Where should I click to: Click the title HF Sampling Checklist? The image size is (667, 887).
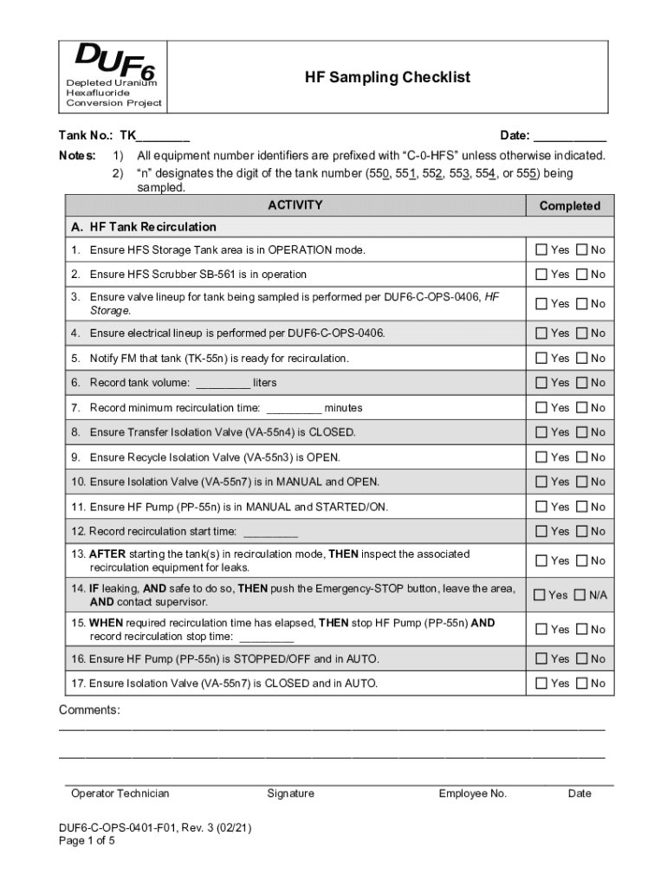tap(387, 78)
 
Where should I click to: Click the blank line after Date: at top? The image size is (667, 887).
tap(569, 136)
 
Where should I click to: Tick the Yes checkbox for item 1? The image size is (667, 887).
tap(541, 250)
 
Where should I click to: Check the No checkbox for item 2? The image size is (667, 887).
tap(582, 275)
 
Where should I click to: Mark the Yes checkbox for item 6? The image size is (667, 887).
tap(541, 383)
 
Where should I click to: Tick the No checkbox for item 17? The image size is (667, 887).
tap(582, 683)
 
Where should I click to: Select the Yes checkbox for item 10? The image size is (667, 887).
tap(541, 482)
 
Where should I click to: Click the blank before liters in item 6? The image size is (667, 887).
tap(223, 383)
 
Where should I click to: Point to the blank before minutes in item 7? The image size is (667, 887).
tap(294, 408)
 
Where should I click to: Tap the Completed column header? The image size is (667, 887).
tap(569, 206)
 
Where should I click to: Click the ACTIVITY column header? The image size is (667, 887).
tap(295, 205)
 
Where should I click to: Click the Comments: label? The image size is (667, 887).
tap(89, 711)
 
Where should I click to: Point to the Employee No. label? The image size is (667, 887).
tap(472, 793)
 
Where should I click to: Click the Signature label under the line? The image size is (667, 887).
tap(290, 793)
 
